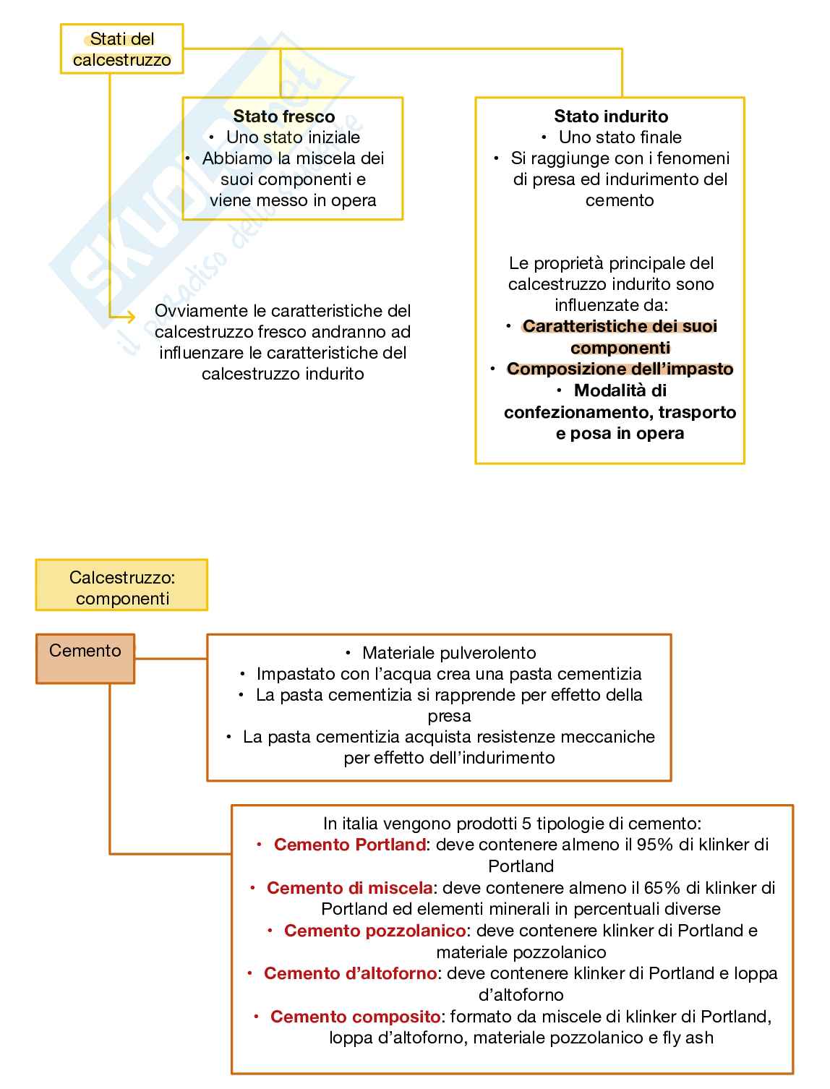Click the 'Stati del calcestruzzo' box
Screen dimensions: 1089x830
coord(121,49)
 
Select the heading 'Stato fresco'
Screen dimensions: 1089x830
coord(283,116)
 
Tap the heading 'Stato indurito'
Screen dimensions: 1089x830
coord(611,116)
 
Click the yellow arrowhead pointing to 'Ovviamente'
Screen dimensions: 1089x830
coord(130,316)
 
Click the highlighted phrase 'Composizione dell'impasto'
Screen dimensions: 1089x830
coord(620,369)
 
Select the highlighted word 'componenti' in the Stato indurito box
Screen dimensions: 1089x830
coord(620,348)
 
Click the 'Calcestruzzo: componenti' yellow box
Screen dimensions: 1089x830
coord(121,588)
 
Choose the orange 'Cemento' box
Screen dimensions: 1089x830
coord(85,658)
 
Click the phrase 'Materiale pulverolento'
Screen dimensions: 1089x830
coord(449,653)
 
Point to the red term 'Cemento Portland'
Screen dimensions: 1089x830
coord(349,845)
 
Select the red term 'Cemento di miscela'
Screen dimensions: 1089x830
coord(349,888)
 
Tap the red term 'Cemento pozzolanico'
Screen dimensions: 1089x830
coord(375,931)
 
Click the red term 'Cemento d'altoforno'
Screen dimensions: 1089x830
coord(350,973)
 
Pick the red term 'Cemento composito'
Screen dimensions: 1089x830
coord(355,1017)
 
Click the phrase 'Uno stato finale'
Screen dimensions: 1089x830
coord(620,137)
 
